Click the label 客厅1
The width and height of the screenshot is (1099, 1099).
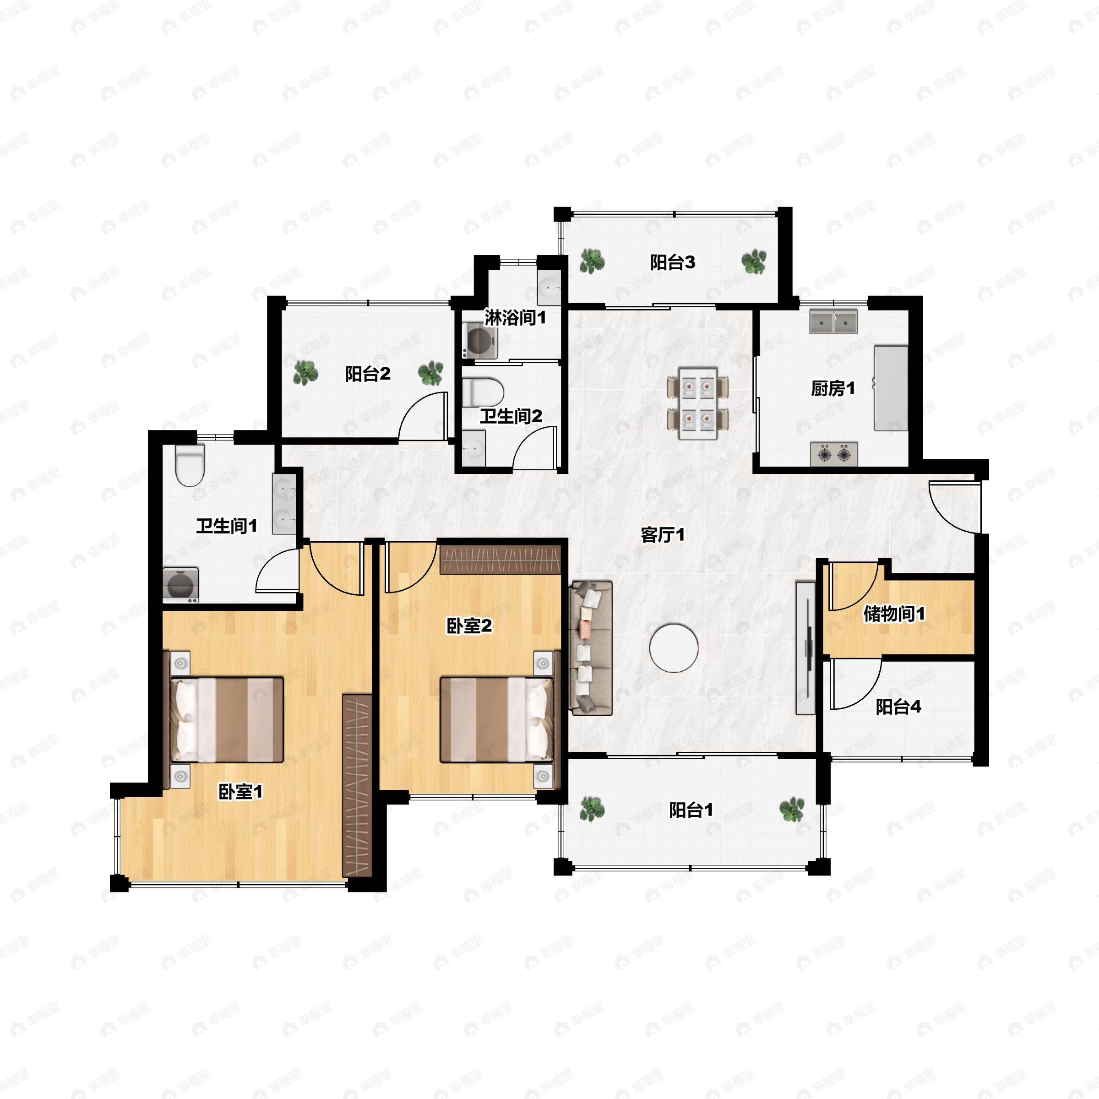[x=663, y=535]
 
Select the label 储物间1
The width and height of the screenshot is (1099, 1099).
[x=894, y=614]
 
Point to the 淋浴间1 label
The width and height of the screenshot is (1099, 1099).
[x=515, y=317]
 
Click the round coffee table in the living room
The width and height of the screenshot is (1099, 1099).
[x=674, y=647]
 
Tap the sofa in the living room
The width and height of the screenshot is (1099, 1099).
[x=591, y=648]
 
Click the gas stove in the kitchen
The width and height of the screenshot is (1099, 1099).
[x=834, y=454]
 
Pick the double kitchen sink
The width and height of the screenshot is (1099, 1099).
[x=834, y=322]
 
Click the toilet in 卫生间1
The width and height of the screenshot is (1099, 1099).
[x=190, y=466]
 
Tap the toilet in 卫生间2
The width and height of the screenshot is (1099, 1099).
[x=484, y=392]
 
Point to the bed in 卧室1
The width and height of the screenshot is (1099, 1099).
[x=228, y=719]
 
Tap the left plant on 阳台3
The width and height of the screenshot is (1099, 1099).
[x=592, y=261]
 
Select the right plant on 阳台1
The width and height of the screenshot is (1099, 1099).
[x=792, y=810]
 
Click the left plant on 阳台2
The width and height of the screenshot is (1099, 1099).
[x=305, y=373]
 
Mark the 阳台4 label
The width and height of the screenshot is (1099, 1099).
[x=898, y=707]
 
